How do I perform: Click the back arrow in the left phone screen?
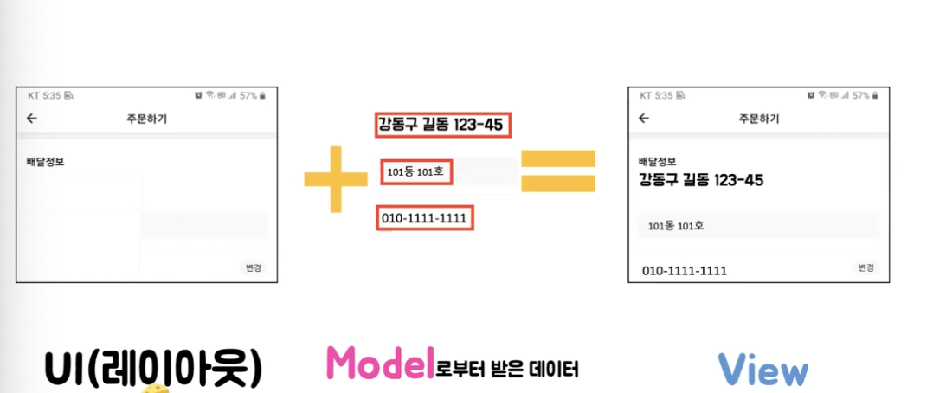tap(32, 119)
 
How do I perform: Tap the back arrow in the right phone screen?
tap(643, 119)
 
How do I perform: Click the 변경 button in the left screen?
tap(253, 268)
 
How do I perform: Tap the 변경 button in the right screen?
tap(865, 268)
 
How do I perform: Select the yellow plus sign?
tap(336, 179)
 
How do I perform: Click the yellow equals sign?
tap(558, 171)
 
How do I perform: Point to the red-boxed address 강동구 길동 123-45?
tap(442, 126)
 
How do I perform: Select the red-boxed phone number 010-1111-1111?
tap(425, 218)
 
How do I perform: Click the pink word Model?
tap(378, 365)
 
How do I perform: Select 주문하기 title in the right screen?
tap(759, 119)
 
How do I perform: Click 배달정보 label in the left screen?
tap(45, 162)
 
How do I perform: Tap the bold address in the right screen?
tap(702, 180)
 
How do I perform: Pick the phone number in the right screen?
tap(685, 271)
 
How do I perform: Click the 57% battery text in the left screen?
tap(248, 95)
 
